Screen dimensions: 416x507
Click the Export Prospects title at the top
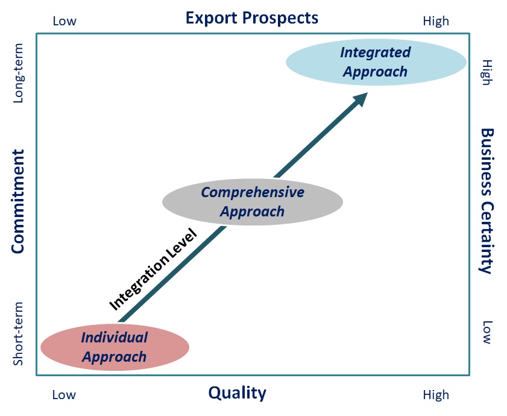coord(252,17)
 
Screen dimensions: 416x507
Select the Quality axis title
coord(237,393)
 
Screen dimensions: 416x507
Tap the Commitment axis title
coord(18,201)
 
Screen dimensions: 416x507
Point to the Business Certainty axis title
coord(487,201)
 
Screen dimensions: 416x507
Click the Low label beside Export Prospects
coord(65,21)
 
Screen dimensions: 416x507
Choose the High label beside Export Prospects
coord(436,21)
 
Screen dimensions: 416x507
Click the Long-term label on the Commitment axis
coord(18,72)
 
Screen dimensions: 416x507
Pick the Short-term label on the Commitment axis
coord(18,333)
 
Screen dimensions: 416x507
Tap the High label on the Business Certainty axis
coord(487,72)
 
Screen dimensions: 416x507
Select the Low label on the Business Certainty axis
coord(487,332)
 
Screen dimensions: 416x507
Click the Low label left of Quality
coord(64,395)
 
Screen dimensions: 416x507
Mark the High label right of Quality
coord(436,395)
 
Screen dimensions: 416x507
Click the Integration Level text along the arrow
coord(153,269)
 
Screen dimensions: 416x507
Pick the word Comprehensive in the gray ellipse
coord(253,192)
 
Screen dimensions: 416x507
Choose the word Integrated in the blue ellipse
coord(375,52)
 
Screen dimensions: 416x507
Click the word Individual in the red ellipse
coord(115,337)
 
